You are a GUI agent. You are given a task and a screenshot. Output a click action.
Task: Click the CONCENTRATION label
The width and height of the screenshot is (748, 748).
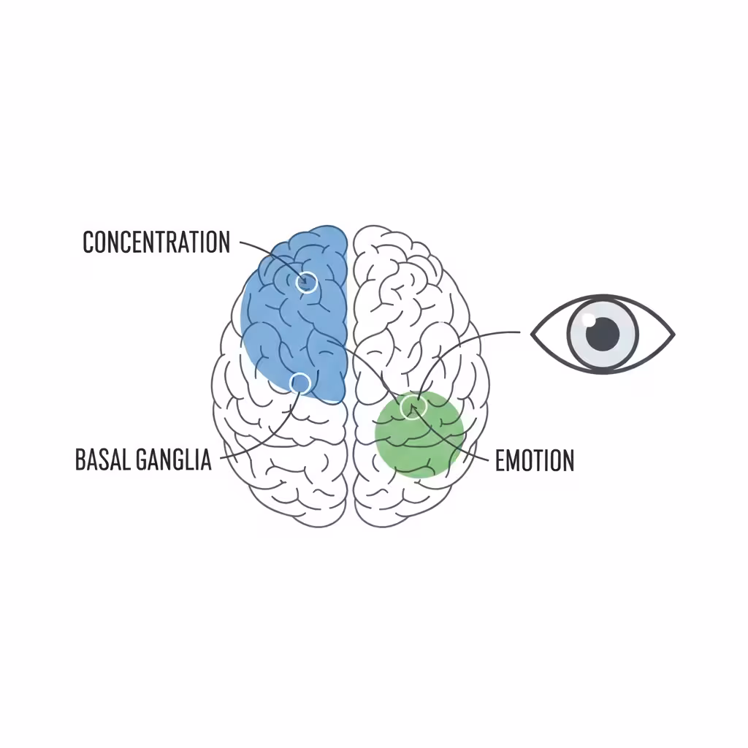pos(156,242)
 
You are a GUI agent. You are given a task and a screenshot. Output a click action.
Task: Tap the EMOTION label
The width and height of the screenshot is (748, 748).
pos(535,461)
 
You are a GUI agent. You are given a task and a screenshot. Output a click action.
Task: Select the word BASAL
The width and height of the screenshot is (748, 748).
pos(103,460)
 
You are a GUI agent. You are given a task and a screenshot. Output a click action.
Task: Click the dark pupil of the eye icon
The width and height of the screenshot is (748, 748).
pos(603,333)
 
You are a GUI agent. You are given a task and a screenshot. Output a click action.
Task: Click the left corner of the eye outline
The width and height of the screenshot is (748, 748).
pos(533,334)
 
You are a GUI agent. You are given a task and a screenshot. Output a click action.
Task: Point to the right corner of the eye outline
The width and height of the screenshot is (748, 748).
pos(672,335)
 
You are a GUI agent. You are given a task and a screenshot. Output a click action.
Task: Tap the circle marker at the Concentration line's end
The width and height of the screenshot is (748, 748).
pos(307,282)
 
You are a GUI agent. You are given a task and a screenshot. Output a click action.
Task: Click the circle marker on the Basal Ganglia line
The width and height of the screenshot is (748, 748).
pos(299,382)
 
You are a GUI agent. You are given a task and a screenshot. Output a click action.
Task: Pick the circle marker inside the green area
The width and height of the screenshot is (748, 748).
pos(413,407)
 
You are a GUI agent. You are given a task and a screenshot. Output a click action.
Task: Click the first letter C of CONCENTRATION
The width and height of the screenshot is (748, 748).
pos(89,242)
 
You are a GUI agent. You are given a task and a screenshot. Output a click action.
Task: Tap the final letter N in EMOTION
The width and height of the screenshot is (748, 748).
pos(566,461)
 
